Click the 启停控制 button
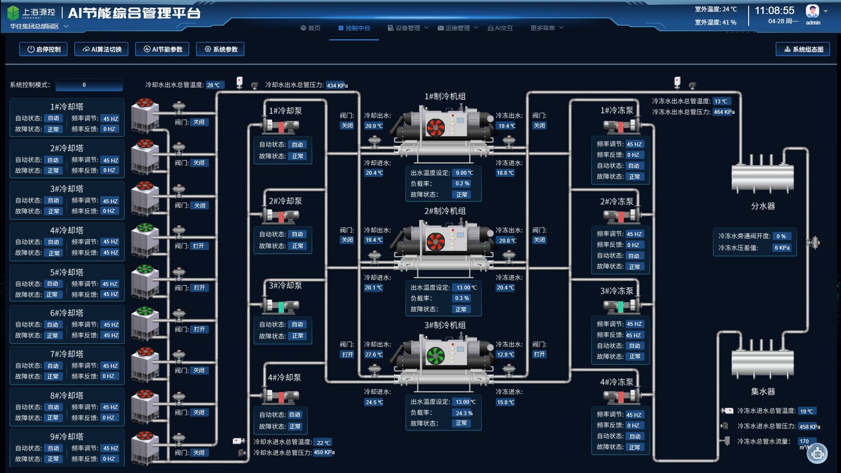pyautogui.click(x=43, y=49)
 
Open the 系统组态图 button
pyautogui.click(x=802, y=49)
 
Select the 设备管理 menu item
pyautogui.click(x=408, y=28)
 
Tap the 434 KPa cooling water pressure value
pyautogui.click(x=337, y=85)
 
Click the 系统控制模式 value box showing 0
pyautogui.click(x=89, y=85)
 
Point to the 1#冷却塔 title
pyautogui.click(x=67, y=107)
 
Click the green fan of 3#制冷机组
pyautogui.click(x=436, y=356)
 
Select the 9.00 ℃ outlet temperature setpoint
pyautogui.click(x=464, y=173)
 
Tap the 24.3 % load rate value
pyautogui.click(x=464, y=413)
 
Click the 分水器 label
pyautogui.click(x=763, y=206)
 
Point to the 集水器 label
pyautogui.click(x=763, y=392)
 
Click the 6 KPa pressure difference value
pyautogui.click(x=782, y=248)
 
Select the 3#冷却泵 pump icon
pyautogui.click(x=280, y=305)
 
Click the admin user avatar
pyautogui.click(x=812, y=11)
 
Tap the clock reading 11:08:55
pyautogui.click(x=774, y=11)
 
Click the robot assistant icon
pyautogui.click(x=817, y=454)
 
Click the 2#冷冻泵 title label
pyautogui.click(x=616, y=201)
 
